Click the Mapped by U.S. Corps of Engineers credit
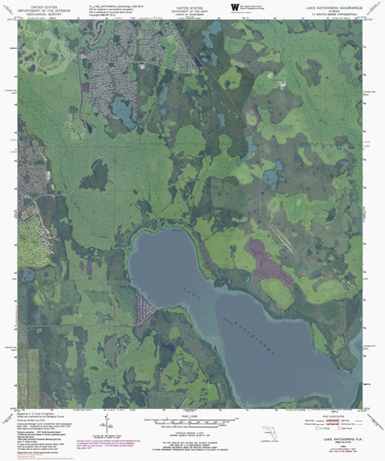(x=48, y=415)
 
